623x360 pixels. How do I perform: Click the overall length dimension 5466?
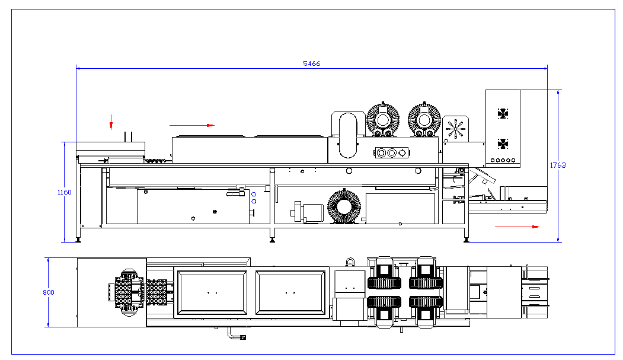click(311, 63)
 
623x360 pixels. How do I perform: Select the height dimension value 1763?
click(557, 165)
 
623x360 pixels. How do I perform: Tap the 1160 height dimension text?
click(64, 192)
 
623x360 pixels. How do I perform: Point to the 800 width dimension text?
click(49, 292)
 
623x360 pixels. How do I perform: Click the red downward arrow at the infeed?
click(111, 122)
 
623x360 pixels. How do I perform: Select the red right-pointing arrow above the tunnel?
click(191, 125)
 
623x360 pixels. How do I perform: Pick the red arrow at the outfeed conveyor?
click(517, 227)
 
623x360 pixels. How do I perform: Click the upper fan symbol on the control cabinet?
click(503, 113)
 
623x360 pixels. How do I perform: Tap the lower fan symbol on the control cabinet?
click(503, 144)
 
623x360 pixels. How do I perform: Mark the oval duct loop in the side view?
click(349, 135)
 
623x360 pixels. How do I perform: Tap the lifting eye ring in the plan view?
click(350, 261)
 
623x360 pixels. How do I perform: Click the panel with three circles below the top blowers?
click(391, 152)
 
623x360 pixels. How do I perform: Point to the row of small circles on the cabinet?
click(502, 160)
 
